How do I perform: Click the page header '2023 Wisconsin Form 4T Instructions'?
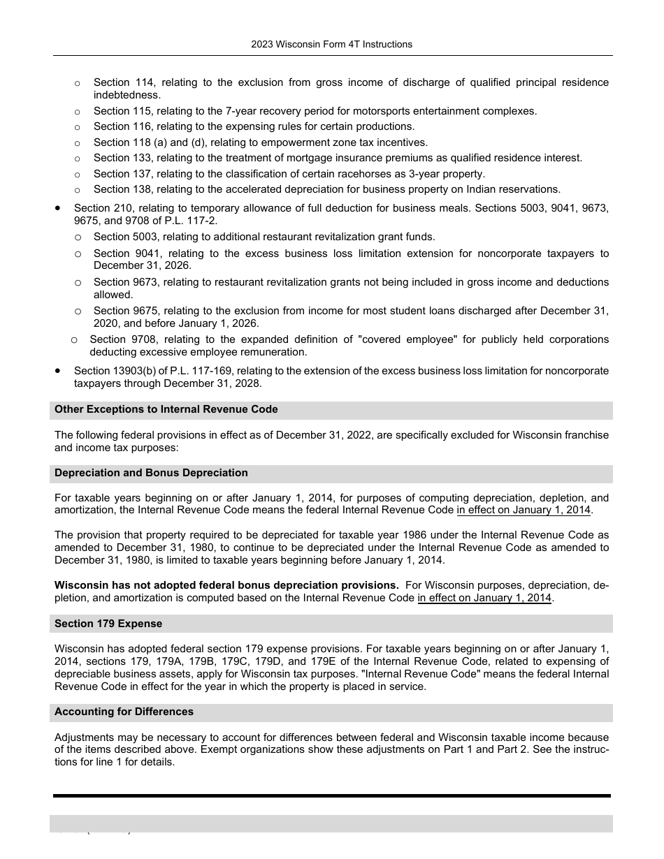pyautogui.click(x=331, y=44)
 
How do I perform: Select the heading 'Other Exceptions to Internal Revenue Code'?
pyautogui.click(x=166, y=409)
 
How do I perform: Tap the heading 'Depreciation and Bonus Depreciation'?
pyautogui.click(x=151, y=473)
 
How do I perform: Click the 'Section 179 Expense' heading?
pyautogui.click(x=108, y=624)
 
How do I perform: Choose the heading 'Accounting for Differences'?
pyautogui.click(x=124, y=712)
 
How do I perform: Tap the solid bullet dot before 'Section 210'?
pyautogui.click(x=58, y=208)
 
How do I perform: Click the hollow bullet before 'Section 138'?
pyautogui.click(x=78, y=190)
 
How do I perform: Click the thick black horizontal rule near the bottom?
pyautogui.click(x=331, y=795)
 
